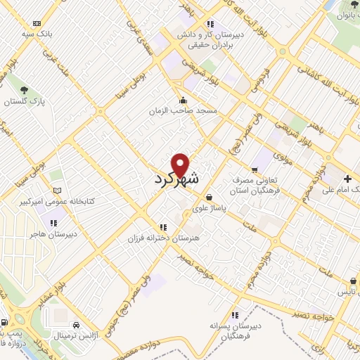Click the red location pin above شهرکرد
[181, 165]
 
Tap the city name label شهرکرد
[176, 179]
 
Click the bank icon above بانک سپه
[37, 22]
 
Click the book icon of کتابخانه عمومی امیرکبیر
[58, 191]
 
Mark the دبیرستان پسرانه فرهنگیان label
[236, 331]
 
